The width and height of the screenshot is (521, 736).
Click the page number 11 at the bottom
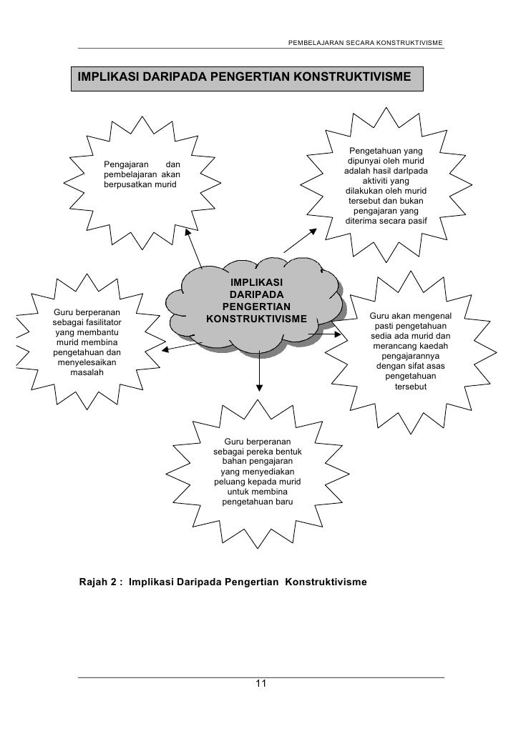pyautogui.click(x=260, y=684)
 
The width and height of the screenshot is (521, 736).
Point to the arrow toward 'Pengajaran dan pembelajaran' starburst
pyautogui.click(x=194, y=247)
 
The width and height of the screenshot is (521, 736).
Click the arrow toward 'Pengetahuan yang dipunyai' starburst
pyautogui.click(x=301, y=239)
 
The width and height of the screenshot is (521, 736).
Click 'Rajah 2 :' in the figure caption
pyautogui.click(x=100, y=582)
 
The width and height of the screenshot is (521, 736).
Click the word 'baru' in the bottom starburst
pyautogui.click(x=283, y=502)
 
